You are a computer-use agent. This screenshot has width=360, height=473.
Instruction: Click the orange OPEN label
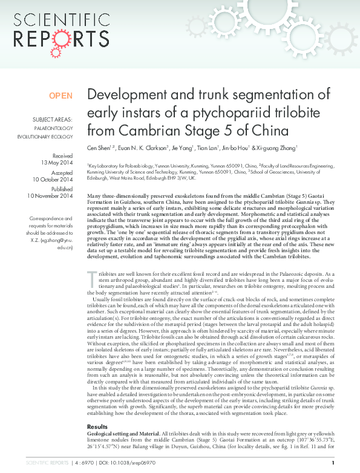[x=61, y=96]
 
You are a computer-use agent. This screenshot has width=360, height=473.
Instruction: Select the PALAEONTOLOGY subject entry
[x=57, y=129]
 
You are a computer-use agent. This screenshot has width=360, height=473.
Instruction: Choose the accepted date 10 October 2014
[x=52, y=180]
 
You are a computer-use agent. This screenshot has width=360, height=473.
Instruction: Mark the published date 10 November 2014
[x=50, y=196]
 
